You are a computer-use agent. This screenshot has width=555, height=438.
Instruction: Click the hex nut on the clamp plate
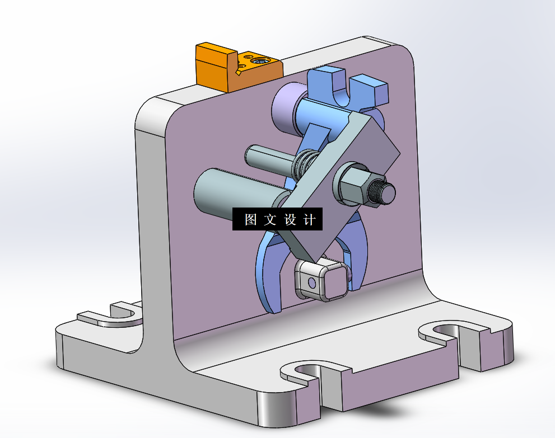click(353, 185)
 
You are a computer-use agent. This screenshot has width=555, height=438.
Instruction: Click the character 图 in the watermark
click(250, 220)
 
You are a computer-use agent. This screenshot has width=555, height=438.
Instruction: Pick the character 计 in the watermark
click(309, 220)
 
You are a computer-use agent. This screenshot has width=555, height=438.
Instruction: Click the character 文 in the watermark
click(270, 220)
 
